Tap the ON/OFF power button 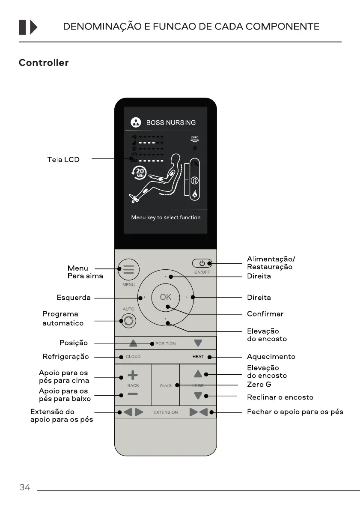[x=202, y=263]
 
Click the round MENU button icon [x=128, y=270]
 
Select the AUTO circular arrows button [x=128, y=321]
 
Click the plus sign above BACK [x=133, y=375]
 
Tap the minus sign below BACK [x=133, y=394]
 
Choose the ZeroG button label [x=165, y=385]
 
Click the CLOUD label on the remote [x=133, y=357]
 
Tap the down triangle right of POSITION [x=197, y=343]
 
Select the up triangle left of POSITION [x=134, y=343]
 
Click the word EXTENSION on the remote [x=165, y=412]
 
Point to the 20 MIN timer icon [x=140, y=173]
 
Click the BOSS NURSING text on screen [x=171, y=122]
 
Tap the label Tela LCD [x=63, y=159]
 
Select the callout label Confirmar [x=265, y=314]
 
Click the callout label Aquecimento [x=271, y=356]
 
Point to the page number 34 [x=25, y=487]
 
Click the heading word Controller [x=43, y=63]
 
